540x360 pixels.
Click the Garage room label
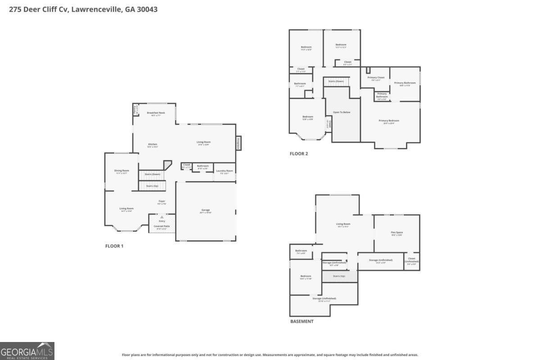point(206,210)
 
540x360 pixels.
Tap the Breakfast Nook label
point(156,112)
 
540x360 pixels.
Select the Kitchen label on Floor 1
point(153,144)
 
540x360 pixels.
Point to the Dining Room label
point(121,171)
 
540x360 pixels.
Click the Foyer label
point(162,201)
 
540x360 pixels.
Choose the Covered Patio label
point(162,226)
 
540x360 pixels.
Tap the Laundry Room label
point(224,171)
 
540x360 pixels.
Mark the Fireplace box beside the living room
point(238,143)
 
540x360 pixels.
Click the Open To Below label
point(342,112)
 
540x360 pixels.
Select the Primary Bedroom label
point(389,121)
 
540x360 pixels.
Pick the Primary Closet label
point(376,77)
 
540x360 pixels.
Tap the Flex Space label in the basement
point(396,233)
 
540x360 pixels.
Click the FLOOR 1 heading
point(114,246)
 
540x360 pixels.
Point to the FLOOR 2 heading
point(299,154)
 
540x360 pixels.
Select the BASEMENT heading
point(301,321)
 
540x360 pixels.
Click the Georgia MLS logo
point(27,351)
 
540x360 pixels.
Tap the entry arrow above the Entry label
point(162,217)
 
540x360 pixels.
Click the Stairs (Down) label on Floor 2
point(336,81)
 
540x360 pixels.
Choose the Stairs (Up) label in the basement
point(339,276)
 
